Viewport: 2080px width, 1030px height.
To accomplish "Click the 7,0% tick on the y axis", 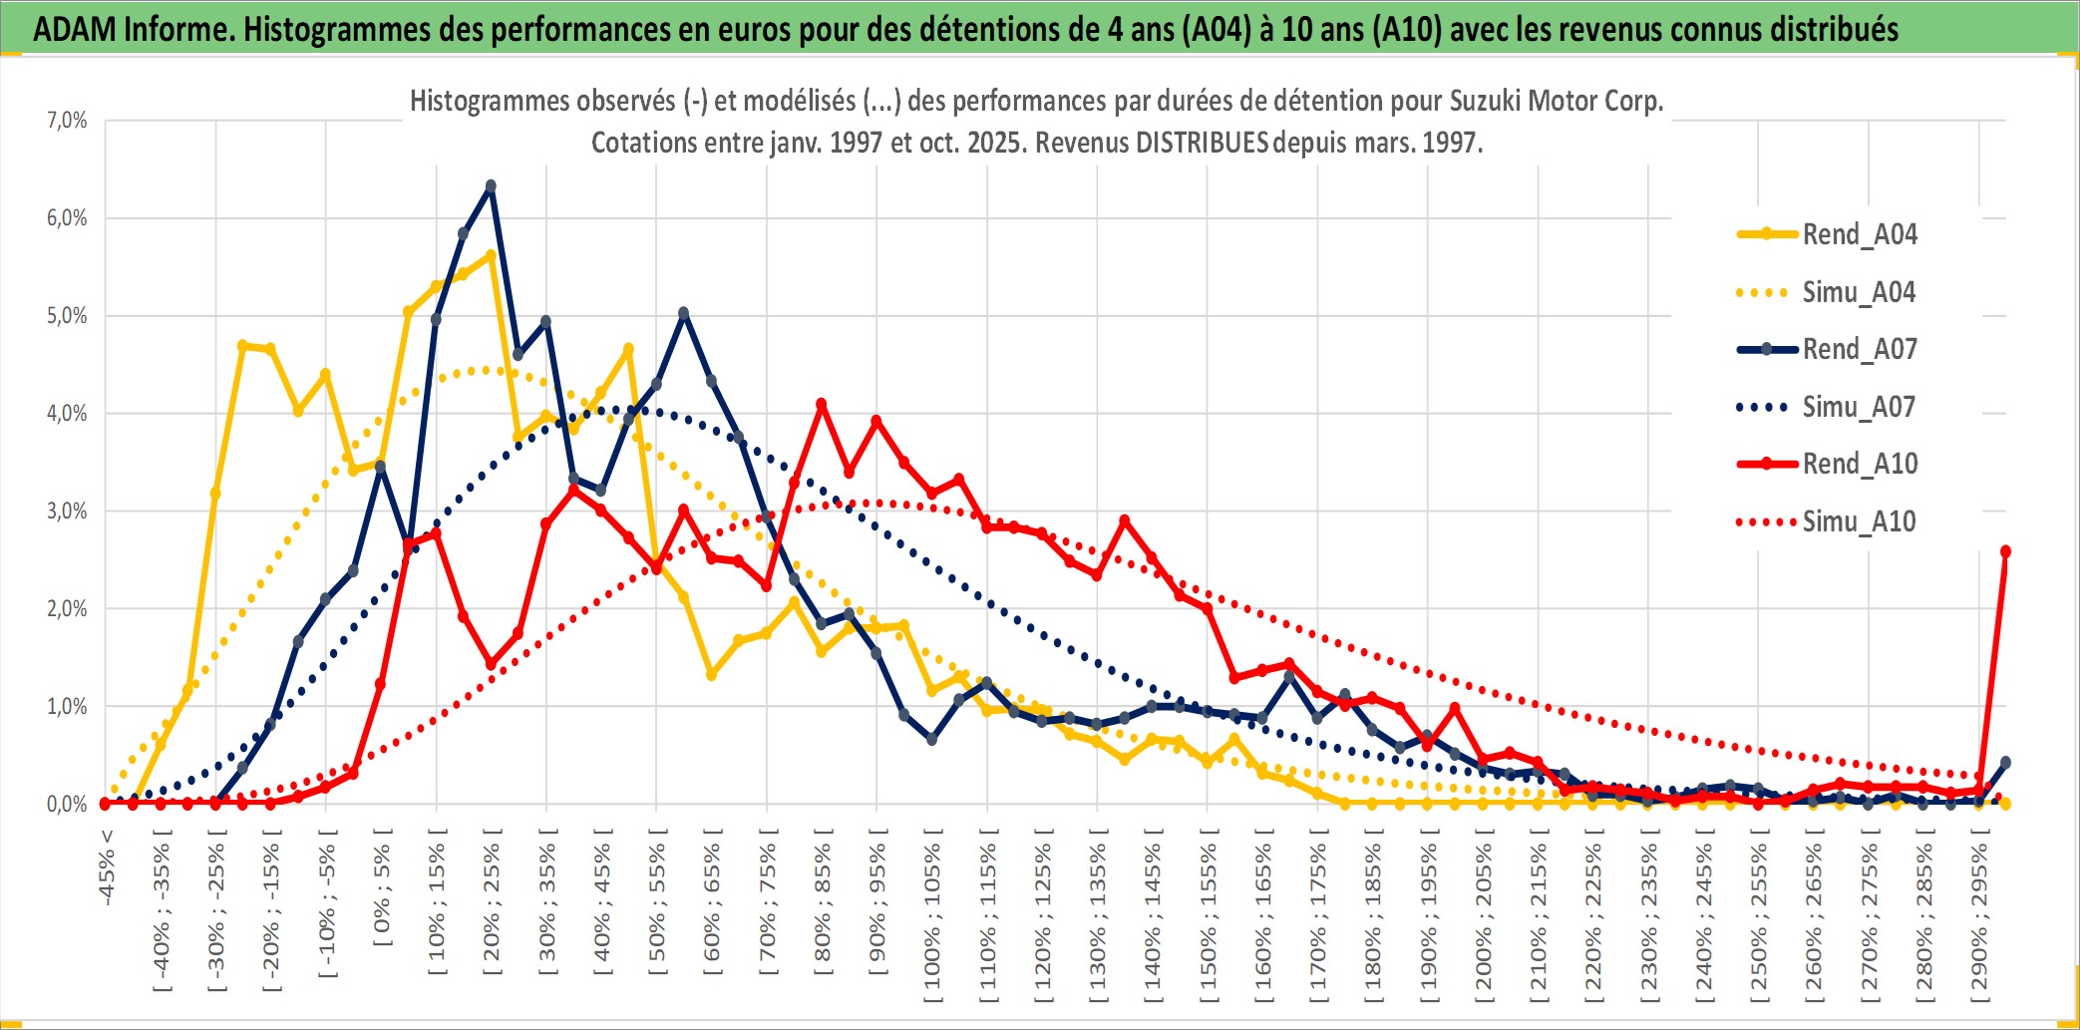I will pos(67,121).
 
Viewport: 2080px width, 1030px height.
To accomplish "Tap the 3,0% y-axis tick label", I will pos(67,512).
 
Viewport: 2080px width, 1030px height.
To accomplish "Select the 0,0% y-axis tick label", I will pos(67,804).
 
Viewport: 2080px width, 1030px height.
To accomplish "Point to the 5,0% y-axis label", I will pos(67,316).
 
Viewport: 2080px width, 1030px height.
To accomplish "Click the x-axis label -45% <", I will pos(107,867).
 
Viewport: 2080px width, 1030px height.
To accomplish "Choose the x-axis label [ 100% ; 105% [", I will pos(932,917).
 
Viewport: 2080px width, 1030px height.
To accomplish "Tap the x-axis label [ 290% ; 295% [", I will pos(1979,917).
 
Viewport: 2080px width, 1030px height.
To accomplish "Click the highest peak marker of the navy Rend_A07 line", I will pos(491,186).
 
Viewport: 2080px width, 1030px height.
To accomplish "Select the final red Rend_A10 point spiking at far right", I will pos(2005,551).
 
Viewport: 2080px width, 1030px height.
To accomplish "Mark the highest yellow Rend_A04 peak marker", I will pos(491,255).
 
